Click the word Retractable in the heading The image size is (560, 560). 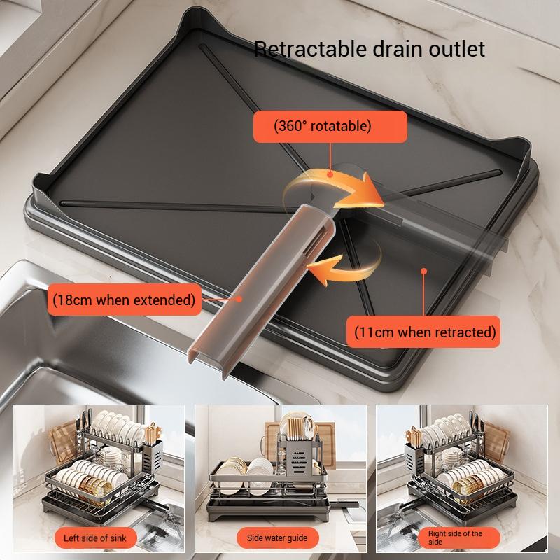pos(302,49)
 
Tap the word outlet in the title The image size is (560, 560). pos(459,49)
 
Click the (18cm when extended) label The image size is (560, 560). pos(123,300)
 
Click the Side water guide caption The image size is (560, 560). pos(277,538)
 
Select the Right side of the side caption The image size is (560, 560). pos(455,538)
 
